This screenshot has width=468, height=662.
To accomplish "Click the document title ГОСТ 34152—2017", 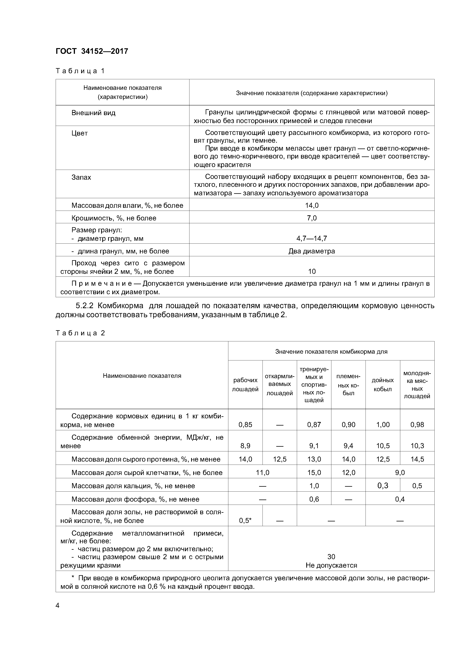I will click(x=92, y=51).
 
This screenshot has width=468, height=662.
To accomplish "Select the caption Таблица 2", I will click(x=80, y=333).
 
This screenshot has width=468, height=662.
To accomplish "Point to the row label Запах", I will click(x=81, y=177).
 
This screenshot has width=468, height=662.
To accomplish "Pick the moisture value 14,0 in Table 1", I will click(x=312, y=206).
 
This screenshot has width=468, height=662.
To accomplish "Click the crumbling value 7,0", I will click(x=312, y=218).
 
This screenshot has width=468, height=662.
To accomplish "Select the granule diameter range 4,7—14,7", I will click(x=312, y=239).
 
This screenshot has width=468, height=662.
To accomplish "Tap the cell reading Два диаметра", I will click(x=312, y=251).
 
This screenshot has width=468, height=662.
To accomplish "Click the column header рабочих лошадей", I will click(x=245, y=385).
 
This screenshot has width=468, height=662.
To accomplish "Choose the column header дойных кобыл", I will click(x=383, y=385).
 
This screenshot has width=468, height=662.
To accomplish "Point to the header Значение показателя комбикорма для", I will click(x=331, y=351).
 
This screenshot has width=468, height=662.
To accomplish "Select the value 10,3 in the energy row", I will click(x=417, y=446).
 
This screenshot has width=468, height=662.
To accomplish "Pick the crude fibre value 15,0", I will click(x=314, y=473).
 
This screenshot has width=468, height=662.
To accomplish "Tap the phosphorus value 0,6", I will click(x=314, y=499).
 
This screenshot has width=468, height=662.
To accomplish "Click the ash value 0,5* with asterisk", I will click(x=245, y=520).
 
